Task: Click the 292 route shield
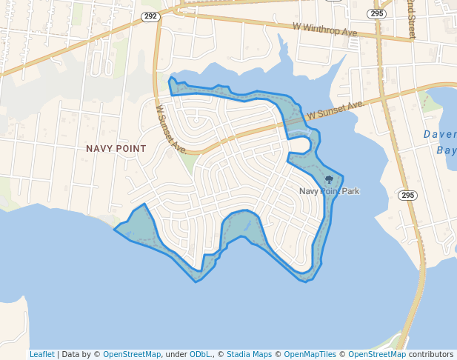point(151,16)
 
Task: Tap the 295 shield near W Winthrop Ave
point(378,13)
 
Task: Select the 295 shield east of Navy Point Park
point(407,195)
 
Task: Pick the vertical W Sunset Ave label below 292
point(170,127)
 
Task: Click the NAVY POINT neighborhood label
point(116,148)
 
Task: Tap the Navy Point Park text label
point(329,191)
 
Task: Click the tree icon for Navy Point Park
point(329,179)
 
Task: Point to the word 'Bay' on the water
point(446,150)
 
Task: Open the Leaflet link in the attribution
point(41,354)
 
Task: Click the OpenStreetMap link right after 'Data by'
point(132,354)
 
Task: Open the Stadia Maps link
point(249,354)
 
